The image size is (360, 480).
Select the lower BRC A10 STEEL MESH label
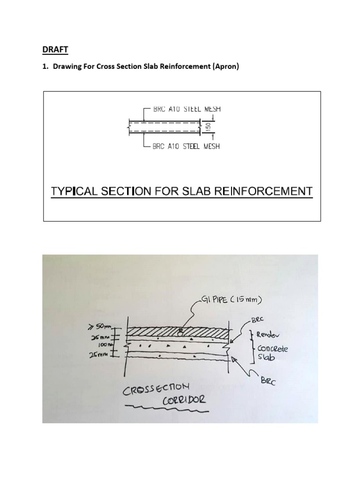186,146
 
